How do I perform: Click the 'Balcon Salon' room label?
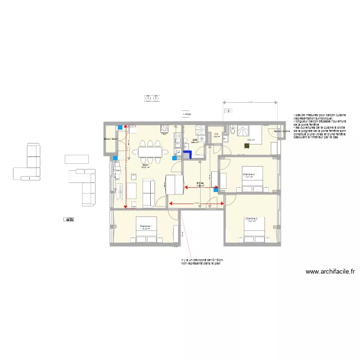[x=111, y=139]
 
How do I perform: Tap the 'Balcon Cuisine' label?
[x=282, y=131]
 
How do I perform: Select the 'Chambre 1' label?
[x=145, y=226]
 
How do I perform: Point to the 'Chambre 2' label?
[x=252, y=219]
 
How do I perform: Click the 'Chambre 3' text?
[x=248, y=174]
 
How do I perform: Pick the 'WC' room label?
[x=216, y=134]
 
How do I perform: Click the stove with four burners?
[x=164, y=128]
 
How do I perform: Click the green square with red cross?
[x=246, y=147]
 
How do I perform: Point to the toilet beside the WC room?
[x=232, y=129]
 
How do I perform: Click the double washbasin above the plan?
[x=152, y=98]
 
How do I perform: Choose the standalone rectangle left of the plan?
[x=77, y=159]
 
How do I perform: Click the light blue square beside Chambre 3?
[x=216, y=190]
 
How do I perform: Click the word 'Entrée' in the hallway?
[x=200, y=183]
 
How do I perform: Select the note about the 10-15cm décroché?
[x=202, y=262]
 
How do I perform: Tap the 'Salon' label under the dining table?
[x=145, y=165]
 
